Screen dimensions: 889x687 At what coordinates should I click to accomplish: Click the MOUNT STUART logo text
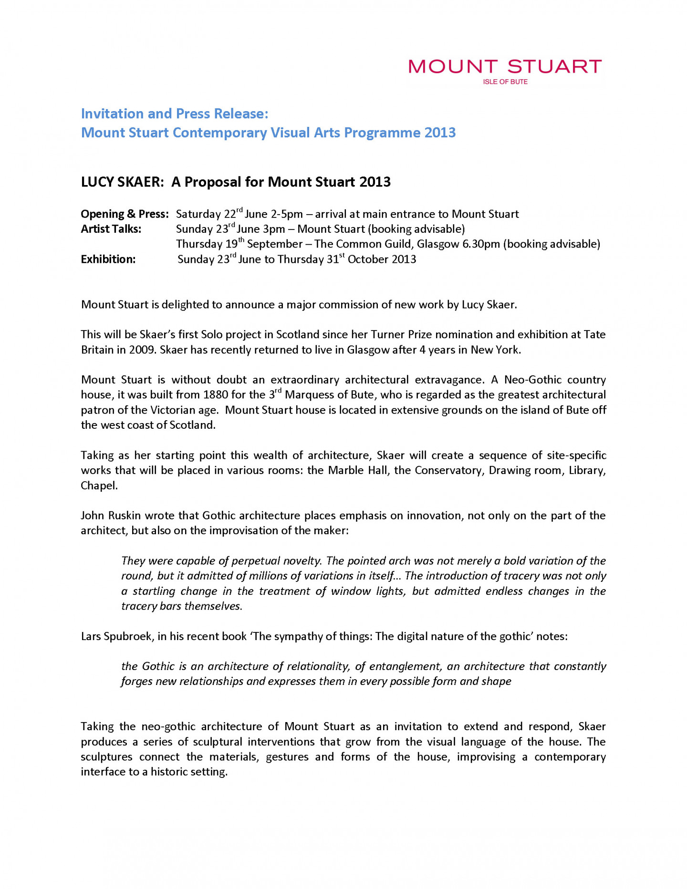(x=505, y=66)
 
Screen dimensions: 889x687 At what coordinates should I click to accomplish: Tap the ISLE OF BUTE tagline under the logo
(x=505, y=82)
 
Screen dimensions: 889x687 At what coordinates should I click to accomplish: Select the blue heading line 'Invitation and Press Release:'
(x=175, y=114)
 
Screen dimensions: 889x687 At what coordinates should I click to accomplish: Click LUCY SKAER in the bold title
(x=122, y=182)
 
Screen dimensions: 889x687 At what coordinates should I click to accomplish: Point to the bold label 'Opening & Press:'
(x=125, y=214)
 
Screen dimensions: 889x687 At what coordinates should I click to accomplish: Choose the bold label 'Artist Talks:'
(x=111, y=229)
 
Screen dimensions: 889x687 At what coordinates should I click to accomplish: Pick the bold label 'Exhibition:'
(x=108, y=259)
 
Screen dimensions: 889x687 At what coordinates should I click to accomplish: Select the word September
(x=275, y=244)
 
